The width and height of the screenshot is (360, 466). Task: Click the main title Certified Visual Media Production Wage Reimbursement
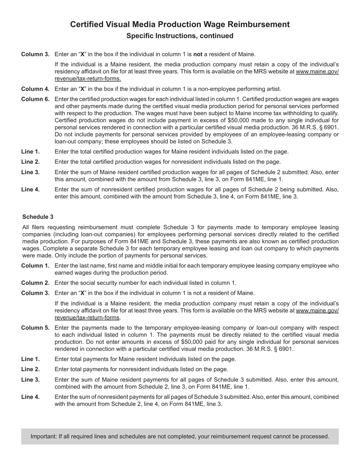[x=180, y=25]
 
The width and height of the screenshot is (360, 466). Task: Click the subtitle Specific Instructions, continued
[x=180, y=36]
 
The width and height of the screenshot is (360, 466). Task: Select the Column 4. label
[x=35, y=89]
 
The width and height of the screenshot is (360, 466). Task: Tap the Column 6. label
[x=35, y=99]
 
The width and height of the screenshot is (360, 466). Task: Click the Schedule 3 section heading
[x=38, y=217]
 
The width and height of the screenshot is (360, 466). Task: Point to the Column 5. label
[x=35, y=328]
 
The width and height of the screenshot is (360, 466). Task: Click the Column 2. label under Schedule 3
[x=35, y=283]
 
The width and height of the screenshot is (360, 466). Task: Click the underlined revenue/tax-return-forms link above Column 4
[x=88, y=79]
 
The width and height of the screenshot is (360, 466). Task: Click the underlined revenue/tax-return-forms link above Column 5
[x=87, y=318]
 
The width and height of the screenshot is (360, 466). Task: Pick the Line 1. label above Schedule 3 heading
[x=30, y=152]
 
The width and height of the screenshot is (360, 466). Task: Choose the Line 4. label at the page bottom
[x=30, y=397]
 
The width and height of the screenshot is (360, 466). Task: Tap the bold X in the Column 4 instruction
[x=82, y=89]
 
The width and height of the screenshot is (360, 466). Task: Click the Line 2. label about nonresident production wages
[x=30, y=162]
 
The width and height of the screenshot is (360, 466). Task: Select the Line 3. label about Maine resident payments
[x=30, y=380]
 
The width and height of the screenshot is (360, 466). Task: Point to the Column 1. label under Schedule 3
[x=35, y=266]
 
